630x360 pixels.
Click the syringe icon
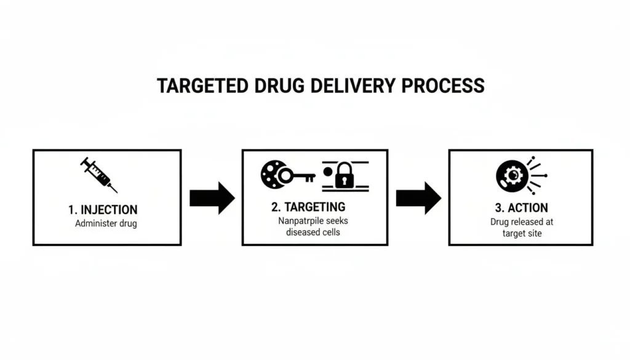pos(98,174)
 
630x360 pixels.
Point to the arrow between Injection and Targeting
pos(212,198)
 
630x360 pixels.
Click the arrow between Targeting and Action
pos(418,198)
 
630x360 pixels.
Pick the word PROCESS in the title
pos(443,86)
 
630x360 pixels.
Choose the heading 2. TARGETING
pos(308,207)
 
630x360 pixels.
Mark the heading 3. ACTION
pos(520,207)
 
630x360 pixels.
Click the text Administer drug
pos(106,223)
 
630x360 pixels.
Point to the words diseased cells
pos(314,232)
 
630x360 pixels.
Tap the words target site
pos(521,233)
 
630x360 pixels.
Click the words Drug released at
pos(522,222)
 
